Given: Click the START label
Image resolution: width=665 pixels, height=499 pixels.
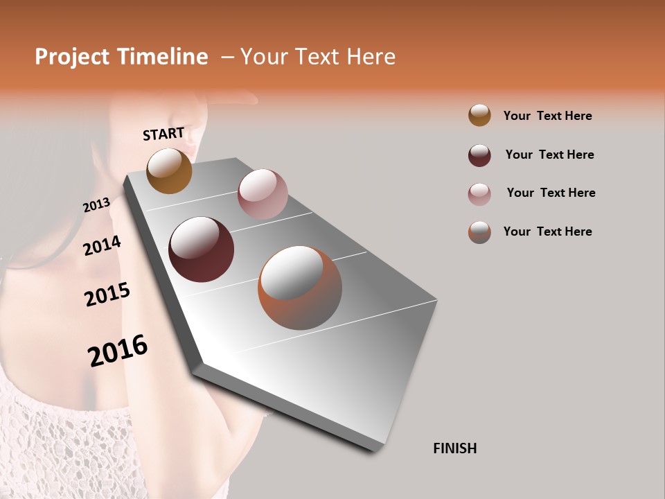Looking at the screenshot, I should [163, 133].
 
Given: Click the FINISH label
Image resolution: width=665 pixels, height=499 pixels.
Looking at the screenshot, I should [454, 448].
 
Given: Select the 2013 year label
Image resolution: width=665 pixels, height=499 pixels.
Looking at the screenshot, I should [96, 205].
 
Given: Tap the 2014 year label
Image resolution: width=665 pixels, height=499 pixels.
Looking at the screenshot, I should [102, 245].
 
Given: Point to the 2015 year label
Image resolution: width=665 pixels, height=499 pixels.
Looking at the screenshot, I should [107, 295].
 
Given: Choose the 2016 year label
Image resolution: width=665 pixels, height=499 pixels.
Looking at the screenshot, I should [118, 350].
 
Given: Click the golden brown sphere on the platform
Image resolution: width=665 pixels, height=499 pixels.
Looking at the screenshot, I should [169, 170].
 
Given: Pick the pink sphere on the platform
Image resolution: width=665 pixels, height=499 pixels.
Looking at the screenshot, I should [263, 194].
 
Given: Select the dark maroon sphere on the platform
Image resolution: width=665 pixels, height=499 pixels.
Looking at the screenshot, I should [201, 249].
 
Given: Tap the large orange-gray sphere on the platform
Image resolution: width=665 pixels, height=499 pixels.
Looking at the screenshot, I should [300, 288].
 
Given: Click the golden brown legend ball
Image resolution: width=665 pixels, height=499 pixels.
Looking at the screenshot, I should [479, 115].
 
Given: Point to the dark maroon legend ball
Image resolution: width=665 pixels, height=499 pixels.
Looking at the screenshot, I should [479, 155].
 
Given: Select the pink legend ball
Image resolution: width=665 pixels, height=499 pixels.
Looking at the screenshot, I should [479, 194].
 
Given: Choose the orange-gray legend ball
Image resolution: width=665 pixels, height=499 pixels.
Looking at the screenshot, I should [479, 232].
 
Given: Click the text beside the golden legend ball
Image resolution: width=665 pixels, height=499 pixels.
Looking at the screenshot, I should [547, 116].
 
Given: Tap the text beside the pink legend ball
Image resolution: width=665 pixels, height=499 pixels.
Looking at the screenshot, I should [551, 193].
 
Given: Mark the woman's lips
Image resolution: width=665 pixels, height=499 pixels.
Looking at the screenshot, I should [191, 147].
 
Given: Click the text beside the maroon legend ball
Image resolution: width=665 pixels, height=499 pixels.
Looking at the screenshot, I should [549, 155].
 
